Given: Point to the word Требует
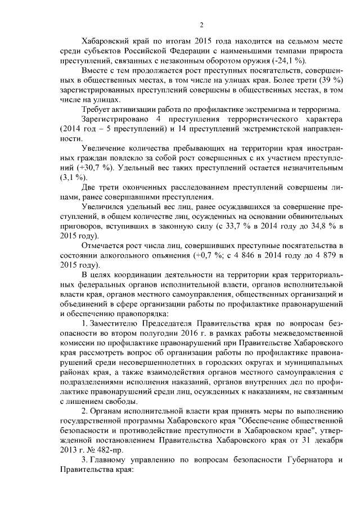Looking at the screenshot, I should (97, 109).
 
